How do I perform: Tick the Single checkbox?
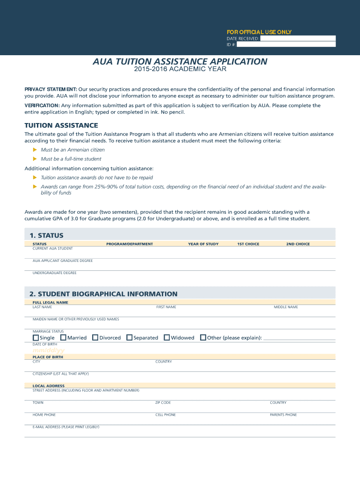click(36, 338)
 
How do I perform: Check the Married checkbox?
click(64, 338)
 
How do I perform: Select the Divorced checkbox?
click(95, 338)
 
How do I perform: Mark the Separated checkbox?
click(130, 338)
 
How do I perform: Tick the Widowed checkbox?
click(167, 338)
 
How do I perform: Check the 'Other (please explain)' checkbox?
click(203, 338)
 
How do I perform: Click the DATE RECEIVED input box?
click(298, 38)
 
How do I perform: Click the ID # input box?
click(286, 44)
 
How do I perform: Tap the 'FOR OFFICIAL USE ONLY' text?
click(259, 32)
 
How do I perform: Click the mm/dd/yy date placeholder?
click(49, 350)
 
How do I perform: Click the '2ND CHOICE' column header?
click(298, 244)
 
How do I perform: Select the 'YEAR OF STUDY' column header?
click(203, 244)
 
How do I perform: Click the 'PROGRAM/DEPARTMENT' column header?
click(130, 244)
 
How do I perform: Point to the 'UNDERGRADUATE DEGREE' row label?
click(55, 273)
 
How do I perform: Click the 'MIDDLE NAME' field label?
click(286, 307)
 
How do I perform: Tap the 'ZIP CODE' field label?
click(163, 403)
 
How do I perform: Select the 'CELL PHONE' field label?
click(166, 415)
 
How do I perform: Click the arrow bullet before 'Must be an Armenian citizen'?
click(35, 150)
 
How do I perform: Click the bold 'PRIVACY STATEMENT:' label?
click(51, 89)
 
